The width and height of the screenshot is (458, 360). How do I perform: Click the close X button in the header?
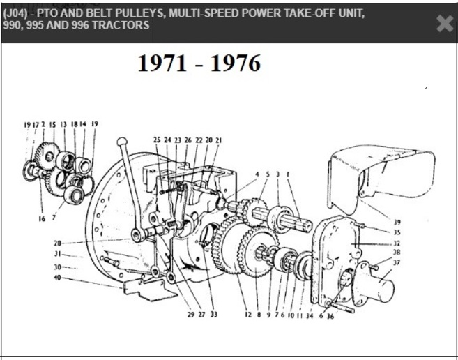(x=444, y=24)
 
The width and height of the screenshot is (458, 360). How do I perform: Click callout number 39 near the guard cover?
(x=397, y=221)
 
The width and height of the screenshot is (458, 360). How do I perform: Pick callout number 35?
(x=397, y=232)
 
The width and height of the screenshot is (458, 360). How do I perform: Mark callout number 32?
(x=397, y=243)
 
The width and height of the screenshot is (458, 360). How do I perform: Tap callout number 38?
(x=397, y=253)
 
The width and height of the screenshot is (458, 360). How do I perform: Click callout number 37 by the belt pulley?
(x=397, y=263)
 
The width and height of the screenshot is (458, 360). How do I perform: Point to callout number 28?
(x=58, y=243)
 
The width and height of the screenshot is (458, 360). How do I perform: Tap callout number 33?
(x=213, y=315)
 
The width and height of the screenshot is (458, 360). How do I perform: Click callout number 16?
(x=43, y=218)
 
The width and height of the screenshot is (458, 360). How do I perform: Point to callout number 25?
(x=157, y=140)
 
